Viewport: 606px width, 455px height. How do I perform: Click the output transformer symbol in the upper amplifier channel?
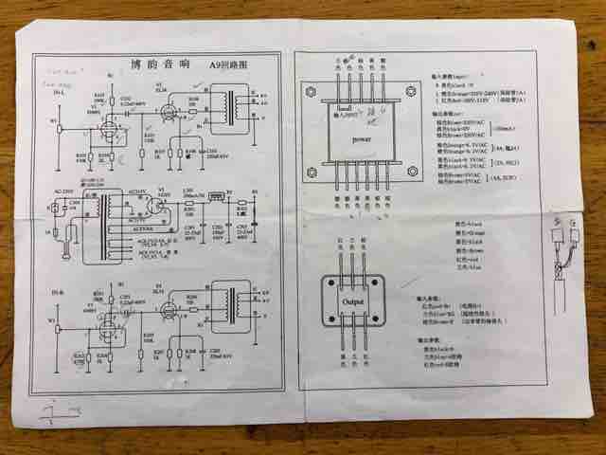[x=227, y=106]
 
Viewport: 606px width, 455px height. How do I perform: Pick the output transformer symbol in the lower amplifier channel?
[x=227, y=300]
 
